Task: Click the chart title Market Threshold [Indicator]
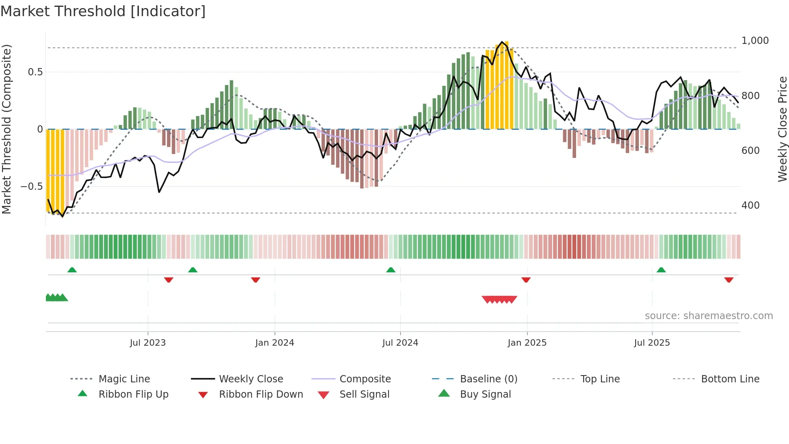click(x=103, y=11)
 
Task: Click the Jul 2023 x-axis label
click(x=148, y=343)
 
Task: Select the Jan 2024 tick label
click(x=275, y=343)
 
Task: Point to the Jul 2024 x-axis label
click(x=400, y=343)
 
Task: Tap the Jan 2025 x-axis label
click(x=527, y=343)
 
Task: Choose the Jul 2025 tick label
click(x=652, y=343)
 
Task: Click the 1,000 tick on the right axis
click(x=755, y=41)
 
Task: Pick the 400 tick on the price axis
click(x=750, y=205)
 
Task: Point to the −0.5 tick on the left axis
click(x=31, y=187)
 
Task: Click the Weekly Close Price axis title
click(x=782, y=129)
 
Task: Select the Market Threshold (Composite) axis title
click(x=6, y=129)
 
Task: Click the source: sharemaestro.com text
click(x=708, y=316)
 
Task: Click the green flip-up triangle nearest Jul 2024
click(x=390, y=270)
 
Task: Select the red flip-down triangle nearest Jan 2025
click(x=526, y=280)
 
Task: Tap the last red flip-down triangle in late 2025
click(x=729, y=280)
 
